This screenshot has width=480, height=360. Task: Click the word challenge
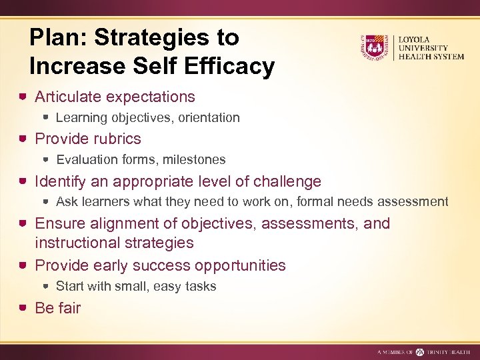click(x=285, y=181)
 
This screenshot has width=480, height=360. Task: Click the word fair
click(x=69, y=308)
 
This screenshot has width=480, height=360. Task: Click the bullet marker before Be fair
click(x=23, y=308)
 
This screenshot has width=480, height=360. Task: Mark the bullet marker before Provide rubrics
click(x=23, y=139)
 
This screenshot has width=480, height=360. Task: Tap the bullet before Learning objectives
click(x=45, y=118)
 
